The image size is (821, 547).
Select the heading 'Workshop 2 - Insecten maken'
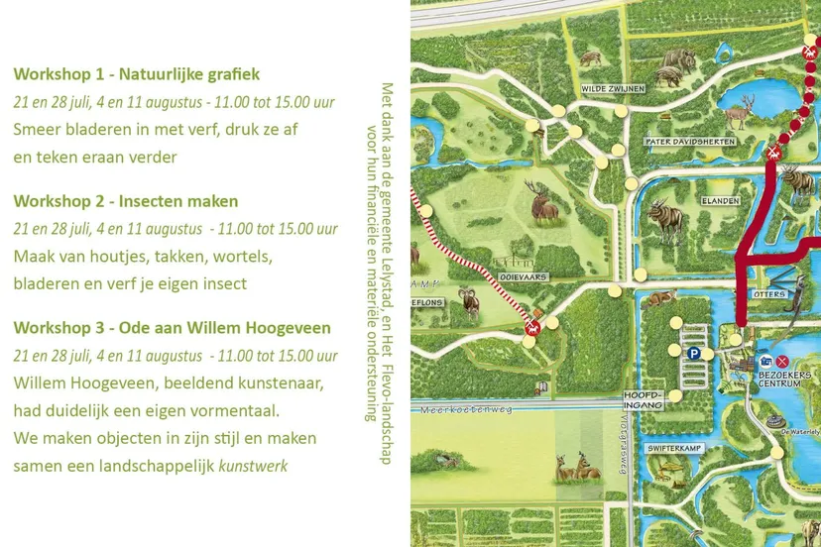pos(126,201)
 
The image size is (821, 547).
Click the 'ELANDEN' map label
pos(721,200)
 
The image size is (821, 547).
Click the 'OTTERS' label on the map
pos(768,293)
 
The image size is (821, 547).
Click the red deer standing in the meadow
pos(543,201)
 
